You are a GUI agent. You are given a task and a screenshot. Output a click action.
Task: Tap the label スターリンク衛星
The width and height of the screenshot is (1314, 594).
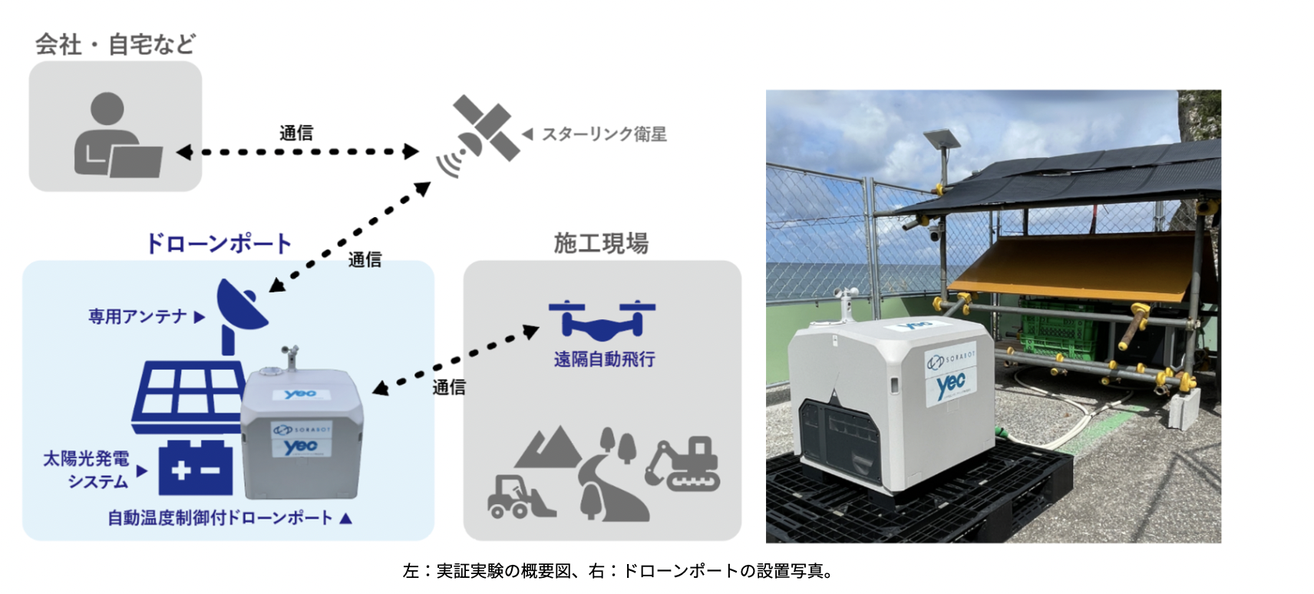[604, 134]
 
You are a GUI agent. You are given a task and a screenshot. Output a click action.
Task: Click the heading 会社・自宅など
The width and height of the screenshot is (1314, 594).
[115, 45]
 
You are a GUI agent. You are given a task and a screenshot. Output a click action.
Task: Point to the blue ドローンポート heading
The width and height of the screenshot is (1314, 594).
[219, 244]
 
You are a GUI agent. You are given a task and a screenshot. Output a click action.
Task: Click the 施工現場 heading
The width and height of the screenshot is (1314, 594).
[601, 244]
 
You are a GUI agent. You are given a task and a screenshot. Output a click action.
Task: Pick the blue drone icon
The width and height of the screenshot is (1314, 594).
[602, 318]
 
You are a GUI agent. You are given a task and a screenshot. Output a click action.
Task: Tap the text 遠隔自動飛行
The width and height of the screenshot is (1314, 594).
[604, 359]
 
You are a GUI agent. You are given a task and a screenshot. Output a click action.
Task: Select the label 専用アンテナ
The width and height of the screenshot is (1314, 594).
[138, 316]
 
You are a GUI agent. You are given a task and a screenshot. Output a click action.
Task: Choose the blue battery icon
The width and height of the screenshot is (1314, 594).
[196, 468]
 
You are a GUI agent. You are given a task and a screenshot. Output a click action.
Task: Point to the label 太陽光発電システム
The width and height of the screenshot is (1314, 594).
[87, 470]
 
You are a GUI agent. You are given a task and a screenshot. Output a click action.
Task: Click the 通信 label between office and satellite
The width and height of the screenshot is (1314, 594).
[296, 134]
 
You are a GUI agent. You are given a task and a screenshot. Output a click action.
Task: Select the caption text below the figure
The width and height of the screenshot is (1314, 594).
[618, 571]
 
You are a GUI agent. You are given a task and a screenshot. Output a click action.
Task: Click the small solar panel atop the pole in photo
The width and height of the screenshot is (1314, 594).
[942, 139]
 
